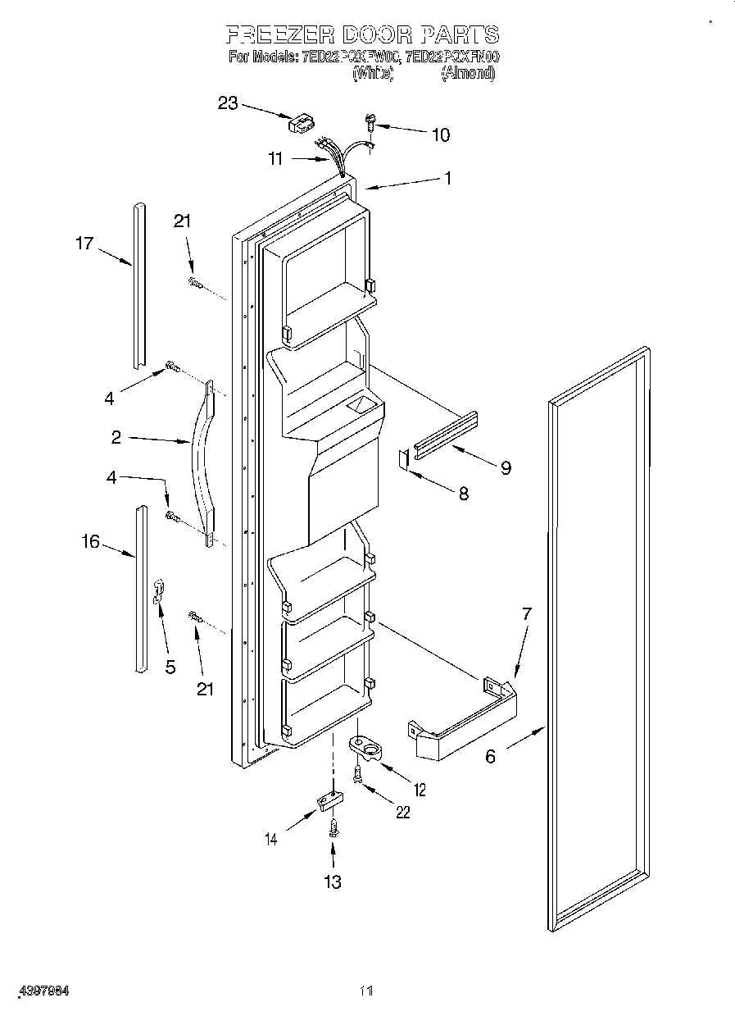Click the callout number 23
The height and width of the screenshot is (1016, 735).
(x=227, y=103)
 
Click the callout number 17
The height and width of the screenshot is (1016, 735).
(x=84, y=243)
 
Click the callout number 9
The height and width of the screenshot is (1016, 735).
(x=506, y=468)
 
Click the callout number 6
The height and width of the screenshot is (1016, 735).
(x=490, y=756)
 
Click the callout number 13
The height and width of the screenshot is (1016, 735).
(x=332, y=882)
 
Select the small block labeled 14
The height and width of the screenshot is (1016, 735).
(x=329, y=801)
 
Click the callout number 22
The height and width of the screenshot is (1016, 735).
(x=402, y=813)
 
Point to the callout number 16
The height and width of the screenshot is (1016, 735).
(x=90, y=541)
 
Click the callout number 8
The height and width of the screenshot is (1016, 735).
(x=463, y=494)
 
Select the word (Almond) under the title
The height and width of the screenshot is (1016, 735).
(x=468, y=74)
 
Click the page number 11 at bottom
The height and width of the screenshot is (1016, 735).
(x=365, y=991)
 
